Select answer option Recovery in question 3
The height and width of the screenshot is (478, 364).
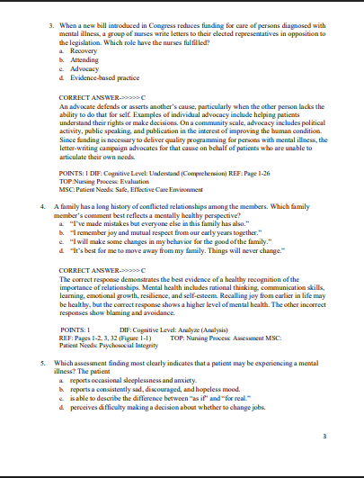coord(77,51)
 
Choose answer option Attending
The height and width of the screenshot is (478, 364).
coord(78,60)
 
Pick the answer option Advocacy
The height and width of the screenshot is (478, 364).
coord(78,69)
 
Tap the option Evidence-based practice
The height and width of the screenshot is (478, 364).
coord(100,78)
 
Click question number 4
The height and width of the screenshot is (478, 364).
coord(43,206)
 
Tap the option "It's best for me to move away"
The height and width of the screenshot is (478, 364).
coord(174,251)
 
